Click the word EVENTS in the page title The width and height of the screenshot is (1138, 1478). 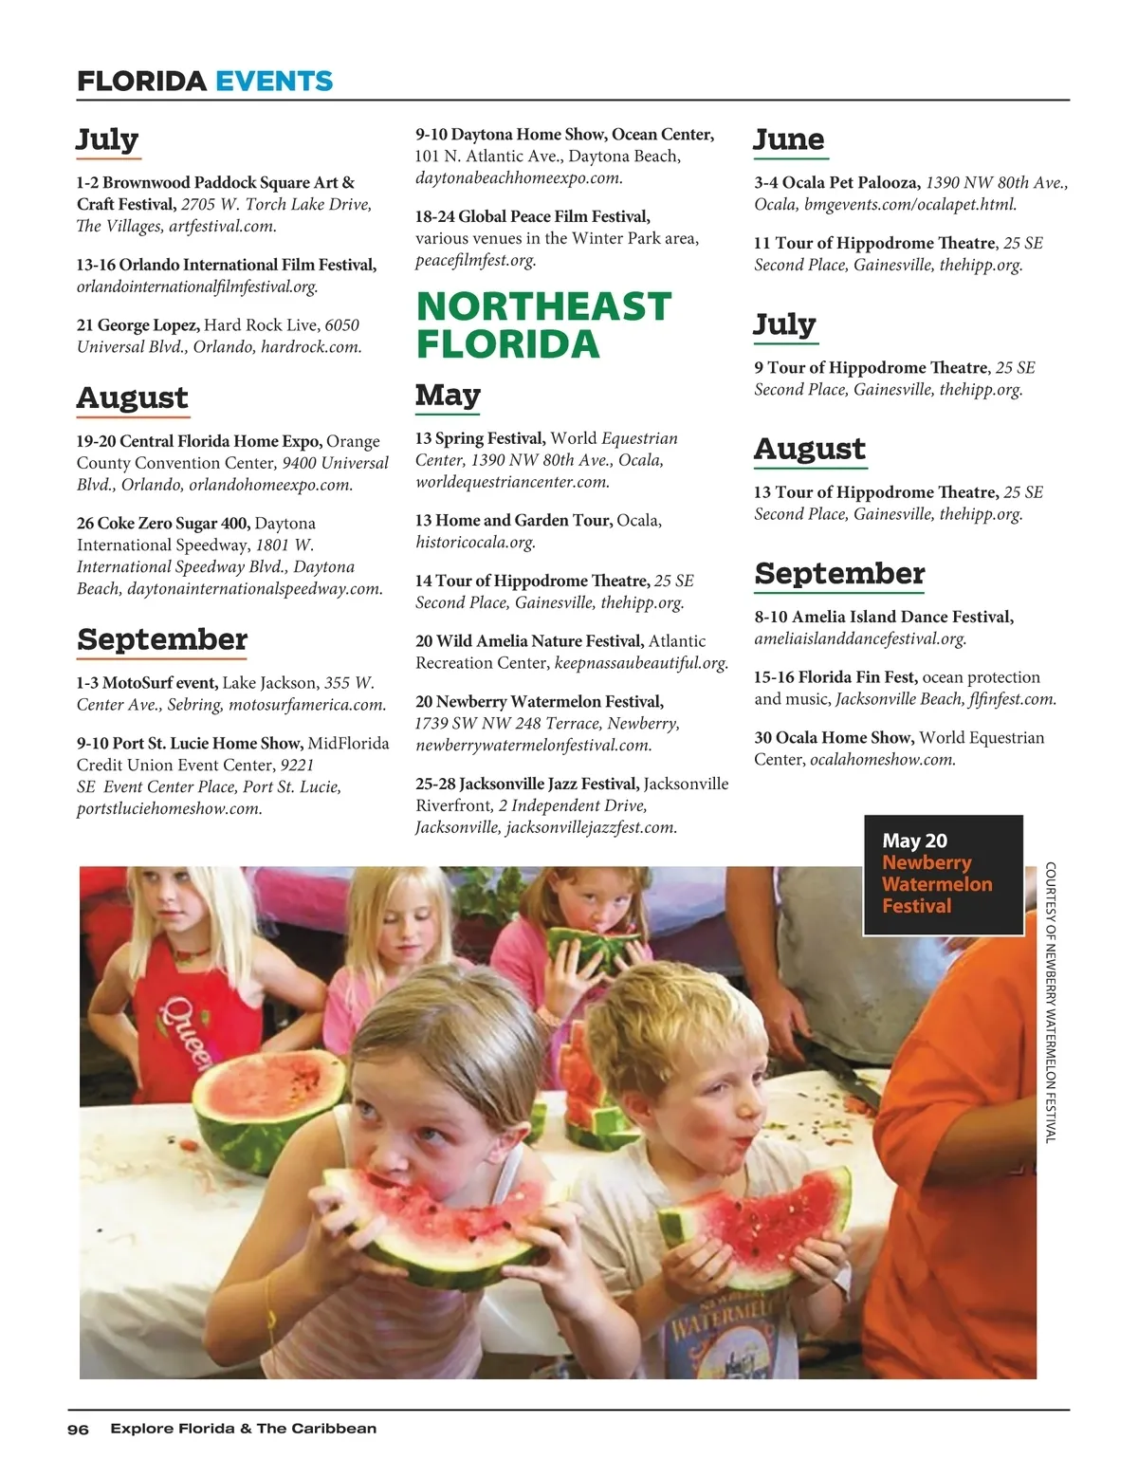(x=274, y=81)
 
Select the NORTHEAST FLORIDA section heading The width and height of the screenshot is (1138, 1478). (x=542, y=325)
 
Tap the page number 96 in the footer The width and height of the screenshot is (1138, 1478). (x=78, y=1430)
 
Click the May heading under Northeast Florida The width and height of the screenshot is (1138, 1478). (x=448, y=395)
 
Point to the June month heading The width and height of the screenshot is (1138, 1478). (x=788, y=139)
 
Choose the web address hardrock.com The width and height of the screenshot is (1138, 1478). (x=311, y=347)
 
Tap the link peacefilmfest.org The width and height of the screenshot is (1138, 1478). (x=475, y=260)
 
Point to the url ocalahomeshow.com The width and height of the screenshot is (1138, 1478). (x=882, y=760)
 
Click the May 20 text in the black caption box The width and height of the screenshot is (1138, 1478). (x=914, y=841)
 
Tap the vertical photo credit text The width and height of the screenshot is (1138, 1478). (x=1050, y=1001)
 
